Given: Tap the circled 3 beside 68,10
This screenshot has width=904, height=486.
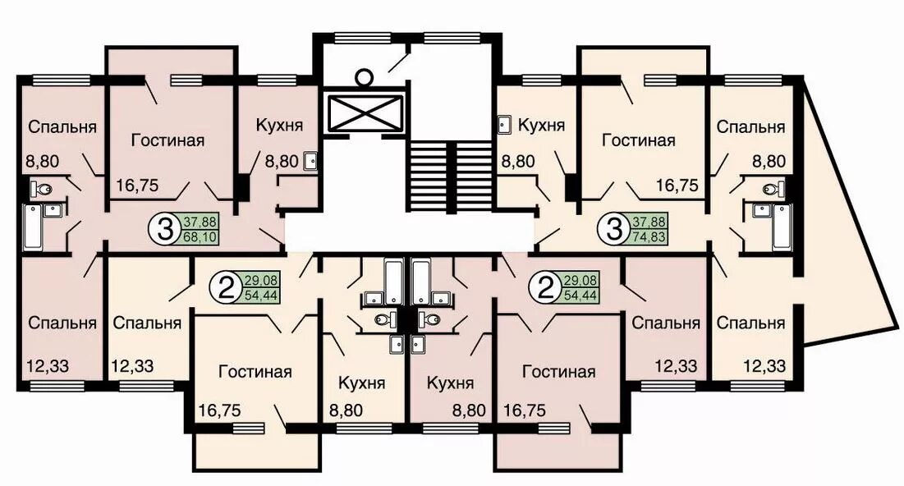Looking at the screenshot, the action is coord(165,229).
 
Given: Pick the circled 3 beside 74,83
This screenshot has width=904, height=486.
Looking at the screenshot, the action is coord(614,229).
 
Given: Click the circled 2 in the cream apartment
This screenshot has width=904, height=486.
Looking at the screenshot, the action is coord(228,288).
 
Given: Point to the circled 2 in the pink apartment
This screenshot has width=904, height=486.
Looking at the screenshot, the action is coord(545,288).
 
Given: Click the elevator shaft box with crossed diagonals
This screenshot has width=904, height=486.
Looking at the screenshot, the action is coord(365,113).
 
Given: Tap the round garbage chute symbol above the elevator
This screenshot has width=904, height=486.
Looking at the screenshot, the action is coord(364,76).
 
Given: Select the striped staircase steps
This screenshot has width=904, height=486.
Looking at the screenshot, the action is coord(451,177).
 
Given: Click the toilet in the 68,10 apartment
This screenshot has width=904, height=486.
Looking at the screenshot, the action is coord(42,188).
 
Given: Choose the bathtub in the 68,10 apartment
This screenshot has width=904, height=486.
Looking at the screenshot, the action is coord(34,227).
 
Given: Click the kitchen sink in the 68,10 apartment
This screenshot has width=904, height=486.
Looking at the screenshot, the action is coord(310,161).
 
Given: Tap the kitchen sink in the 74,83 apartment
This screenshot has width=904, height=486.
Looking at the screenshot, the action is coord(505,125).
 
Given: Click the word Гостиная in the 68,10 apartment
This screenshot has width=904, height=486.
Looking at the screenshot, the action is coord(167,140).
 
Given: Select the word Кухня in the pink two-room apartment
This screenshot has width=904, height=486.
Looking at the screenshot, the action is coord(450,383).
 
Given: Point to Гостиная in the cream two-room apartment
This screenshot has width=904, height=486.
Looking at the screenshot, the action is coord(255,372).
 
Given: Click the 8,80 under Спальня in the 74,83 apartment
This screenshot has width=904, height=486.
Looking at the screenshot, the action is coord(769,162).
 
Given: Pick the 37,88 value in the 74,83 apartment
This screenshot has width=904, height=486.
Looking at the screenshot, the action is coord(649,222).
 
